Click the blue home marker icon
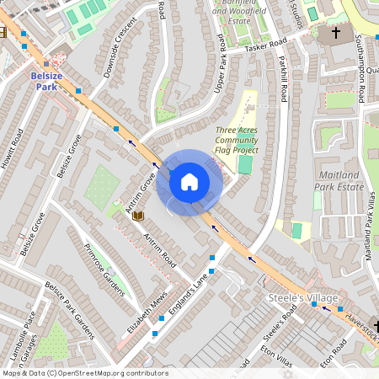click(189, 182)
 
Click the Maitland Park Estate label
click(337, 180)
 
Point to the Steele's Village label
click(302, 298)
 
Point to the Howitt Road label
click(16, 149)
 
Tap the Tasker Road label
click(266, 45)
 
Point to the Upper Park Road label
click(221, 64)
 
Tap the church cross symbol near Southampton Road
click(336, 34)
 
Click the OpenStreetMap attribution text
click(84, 373)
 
